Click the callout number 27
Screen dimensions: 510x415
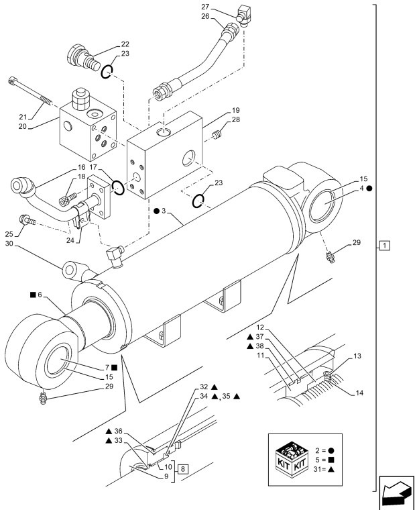(x=223, y=6)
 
